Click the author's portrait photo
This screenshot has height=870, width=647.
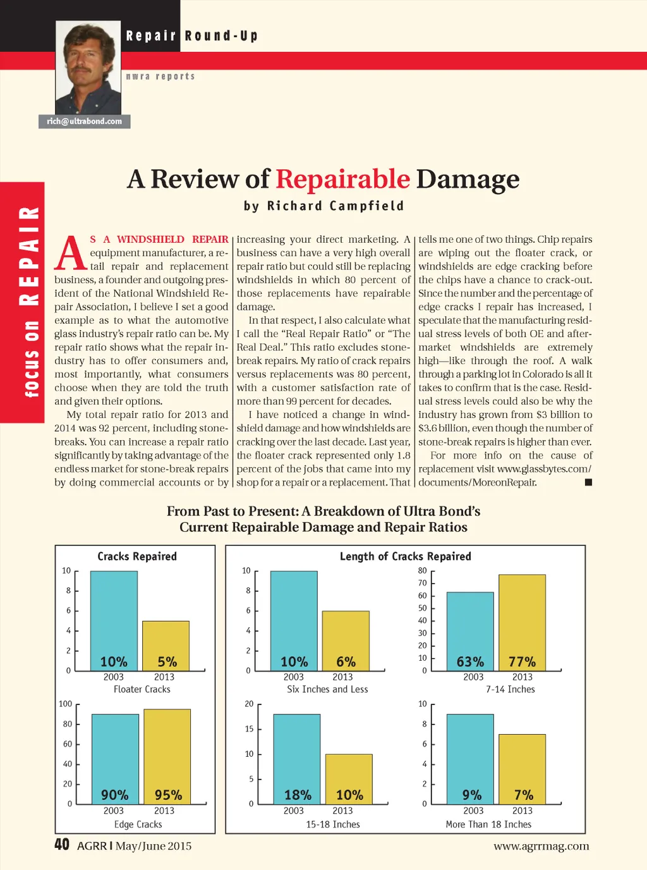click(x=88, y=67)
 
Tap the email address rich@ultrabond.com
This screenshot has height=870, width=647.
click(x=84, y=121)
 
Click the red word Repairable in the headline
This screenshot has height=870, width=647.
click(x=342, y=179)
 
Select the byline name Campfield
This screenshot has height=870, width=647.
click(x=366, y=206)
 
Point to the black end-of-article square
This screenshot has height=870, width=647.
click(x=588, y=482)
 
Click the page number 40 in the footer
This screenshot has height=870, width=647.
click(x=62, y=845)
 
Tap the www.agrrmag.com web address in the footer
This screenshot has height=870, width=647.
click(x=541, y=846)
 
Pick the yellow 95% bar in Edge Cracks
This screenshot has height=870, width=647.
click(x=167, y=752)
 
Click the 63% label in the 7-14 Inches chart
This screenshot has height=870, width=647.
click(x=470, y=662)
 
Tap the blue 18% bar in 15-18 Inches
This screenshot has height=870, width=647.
click(x=297, y=756)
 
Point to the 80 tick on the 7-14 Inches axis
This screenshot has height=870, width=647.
click(x=422, y=570)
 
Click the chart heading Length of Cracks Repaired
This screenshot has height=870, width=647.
click(x=405, y=556)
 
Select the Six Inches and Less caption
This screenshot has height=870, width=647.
click(x=327, y=689)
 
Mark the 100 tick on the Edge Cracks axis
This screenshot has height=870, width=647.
click(x=66, y=704)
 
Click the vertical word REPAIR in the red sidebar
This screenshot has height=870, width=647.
click(x=30, y=255)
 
